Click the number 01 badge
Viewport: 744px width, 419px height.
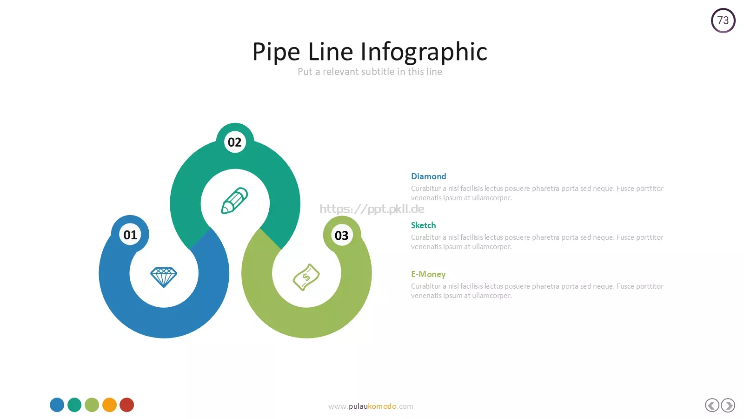click(130, 235)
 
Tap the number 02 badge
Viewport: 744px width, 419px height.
click(235, 142)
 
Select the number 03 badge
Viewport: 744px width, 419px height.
click(341, 236)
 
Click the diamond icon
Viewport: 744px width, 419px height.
click(163, 277)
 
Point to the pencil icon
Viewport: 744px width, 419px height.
click(234, 201)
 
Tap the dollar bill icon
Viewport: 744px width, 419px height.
click(306, 277)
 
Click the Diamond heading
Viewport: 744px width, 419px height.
click(428, 176)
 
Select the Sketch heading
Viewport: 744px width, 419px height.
click(424, 225)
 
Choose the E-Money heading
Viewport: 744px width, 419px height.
click(428, 274)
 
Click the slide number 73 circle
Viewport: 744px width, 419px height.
click(723, 20)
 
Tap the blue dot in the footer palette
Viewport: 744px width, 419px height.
click(57, 405)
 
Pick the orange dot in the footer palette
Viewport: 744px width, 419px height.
click(109, 405)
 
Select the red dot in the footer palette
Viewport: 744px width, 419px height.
click(126, 405)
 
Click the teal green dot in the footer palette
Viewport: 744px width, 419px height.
click(74, 405)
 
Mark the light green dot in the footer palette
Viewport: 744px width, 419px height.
click(92, 405)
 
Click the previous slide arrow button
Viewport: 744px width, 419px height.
click(712, 405)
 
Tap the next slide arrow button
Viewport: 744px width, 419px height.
click(728, 405)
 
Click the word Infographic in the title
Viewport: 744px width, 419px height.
click(424, 52)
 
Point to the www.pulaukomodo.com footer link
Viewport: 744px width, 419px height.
click(371, 406)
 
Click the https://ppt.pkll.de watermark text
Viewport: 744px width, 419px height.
click(372, 209)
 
